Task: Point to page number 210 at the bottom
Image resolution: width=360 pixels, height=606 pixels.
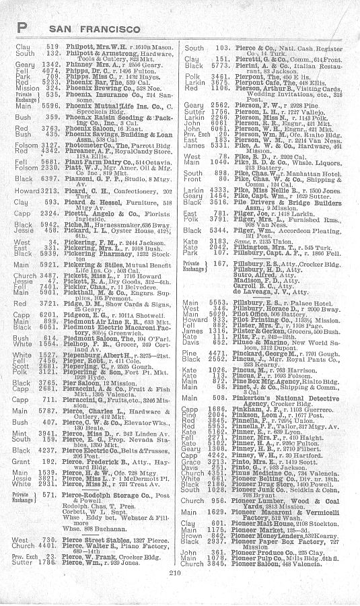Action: pyautogui.click(x=179, y=593)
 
